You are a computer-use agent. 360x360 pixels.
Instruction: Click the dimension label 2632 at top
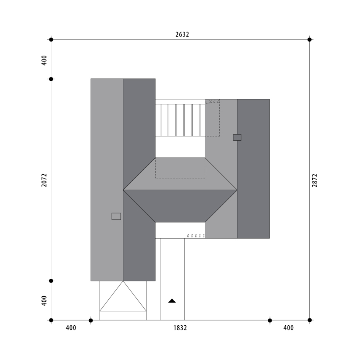182,34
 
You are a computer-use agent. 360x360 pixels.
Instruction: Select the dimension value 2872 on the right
315,180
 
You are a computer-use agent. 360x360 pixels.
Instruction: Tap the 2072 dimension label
44,180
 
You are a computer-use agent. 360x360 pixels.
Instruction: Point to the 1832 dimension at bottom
180,328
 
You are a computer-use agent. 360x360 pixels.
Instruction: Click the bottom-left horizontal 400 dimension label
71,328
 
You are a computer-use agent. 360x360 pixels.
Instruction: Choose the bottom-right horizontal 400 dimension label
288,328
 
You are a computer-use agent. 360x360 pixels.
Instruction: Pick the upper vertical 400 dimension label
44,60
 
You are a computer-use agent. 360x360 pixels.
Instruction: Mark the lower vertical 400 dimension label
44,301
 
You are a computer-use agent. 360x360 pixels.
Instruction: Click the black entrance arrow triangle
172,301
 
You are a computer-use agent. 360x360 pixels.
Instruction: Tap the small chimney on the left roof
116,216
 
